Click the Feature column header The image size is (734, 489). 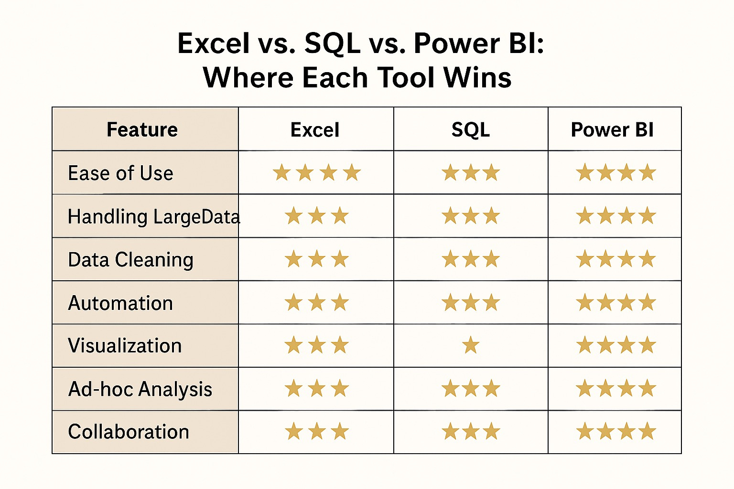point(142,129)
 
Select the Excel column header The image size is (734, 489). point(315,130)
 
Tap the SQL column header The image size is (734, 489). point(471,130)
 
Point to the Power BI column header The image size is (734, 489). point(612,130)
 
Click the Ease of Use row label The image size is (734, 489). point(120,173)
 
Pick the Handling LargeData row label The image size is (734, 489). point(153,216)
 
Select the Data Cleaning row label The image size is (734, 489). point(130,260)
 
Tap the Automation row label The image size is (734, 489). point(120,303)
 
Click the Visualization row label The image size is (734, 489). point(125,346)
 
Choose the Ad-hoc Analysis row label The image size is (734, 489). point(140,389)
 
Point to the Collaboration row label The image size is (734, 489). point(129,432)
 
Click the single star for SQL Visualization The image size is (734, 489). point(471,345)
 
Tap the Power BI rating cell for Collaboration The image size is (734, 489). point(616,432)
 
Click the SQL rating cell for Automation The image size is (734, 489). point(471,303)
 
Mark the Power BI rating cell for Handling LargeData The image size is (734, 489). point(616,216)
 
